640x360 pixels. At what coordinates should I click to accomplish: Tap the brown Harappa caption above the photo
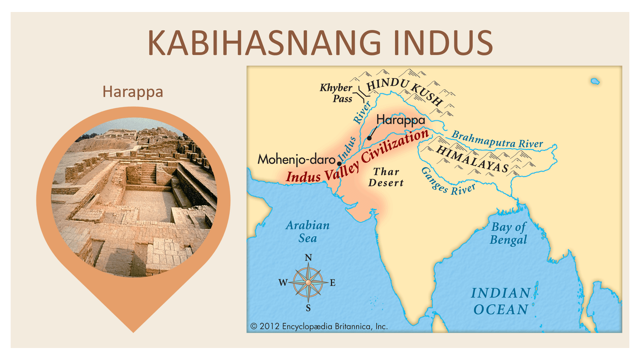(x=133, y=92)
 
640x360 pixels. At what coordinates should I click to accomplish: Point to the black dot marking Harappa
(x=369, y=138)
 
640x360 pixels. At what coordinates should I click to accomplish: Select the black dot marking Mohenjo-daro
(x=339, y=164)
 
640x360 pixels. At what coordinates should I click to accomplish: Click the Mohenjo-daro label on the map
(x=296, y=159)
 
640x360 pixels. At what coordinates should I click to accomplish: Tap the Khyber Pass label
(x=337, y=93)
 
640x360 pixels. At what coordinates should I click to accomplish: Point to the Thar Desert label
(x=386, y=177)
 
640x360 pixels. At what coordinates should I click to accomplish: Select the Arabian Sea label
(x=308, y=232)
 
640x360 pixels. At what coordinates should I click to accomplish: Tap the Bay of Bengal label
(x=508, y=233)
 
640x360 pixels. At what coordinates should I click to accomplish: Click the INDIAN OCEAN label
(x=501, y=301)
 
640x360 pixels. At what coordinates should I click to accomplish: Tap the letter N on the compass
(x=308, y=258)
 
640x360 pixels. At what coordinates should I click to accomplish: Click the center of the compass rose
(x=308, y=283)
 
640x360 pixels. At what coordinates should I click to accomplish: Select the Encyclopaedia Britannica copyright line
(x=319, y=326)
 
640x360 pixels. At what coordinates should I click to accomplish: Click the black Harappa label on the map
(x=401, y=120)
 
